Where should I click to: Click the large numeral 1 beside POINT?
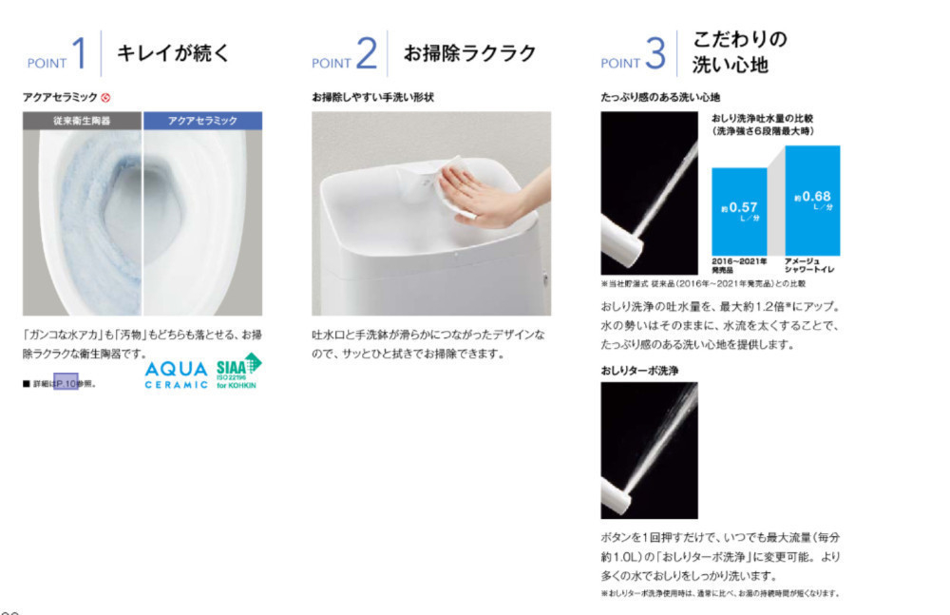(80, 53)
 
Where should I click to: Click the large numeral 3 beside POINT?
(655, 53)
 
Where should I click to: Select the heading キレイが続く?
(173, 52)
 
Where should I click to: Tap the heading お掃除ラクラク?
(470, 52)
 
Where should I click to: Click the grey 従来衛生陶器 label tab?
(83, 121)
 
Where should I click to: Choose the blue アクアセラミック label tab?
(202, 121)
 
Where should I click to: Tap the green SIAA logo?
(238, 372)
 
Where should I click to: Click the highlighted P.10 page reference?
(66, 383)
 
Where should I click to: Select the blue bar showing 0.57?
(738, 210)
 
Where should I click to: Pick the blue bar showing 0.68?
(812, 200)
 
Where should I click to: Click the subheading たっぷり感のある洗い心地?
(660, 97)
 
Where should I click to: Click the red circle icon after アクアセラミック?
(106, 97)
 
